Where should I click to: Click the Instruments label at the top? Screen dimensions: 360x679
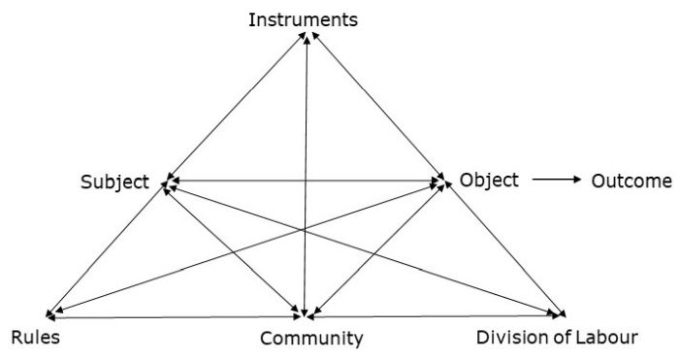tap(303, 18)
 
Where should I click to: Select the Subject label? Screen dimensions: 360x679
tap(114, 181)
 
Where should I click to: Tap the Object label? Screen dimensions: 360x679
tap(490, 180)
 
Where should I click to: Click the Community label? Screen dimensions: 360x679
tap(310, 339)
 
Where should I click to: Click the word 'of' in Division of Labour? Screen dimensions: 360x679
tap(551, 338)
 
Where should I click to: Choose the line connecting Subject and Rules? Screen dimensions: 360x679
tap(107, 247)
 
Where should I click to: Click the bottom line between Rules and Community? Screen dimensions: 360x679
tap(175, 316)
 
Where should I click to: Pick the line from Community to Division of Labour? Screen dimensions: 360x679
tap(436, 315)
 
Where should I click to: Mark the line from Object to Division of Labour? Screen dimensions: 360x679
tap(504, 247)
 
